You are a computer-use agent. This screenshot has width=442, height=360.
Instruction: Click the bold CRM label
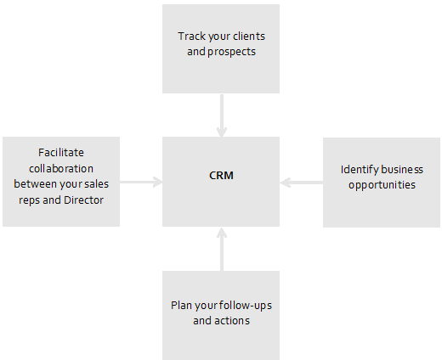pyautogui.click(x=221, y=176)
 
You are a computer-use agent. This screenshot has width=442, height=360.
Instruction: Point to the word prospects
pyautogui.click(x=232, y=52)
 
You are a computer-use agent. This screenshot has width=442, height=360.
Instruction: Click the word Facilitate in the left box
pyautogui.click(x=61, y=153)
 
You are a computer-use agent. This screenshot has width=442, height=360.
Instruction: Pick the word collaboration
pyautogui.click(x=61, y=169)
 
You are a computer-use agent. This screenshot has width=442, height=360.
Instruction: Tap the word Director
pyautogui.click(x=83, y=200)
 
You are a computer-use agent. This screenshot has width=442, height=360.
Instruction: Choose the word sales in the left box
pyautogui.click(x=96, y=184)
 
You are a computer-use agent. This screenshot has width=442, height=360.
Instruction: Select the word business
pyautogui.click(x=402, y=170)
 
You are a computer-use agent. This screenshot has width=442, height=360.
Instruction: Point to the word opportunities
pyautogui.click(x=382, y=185)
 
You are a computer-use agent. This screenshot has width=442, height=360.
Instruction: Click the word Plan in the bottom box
pyautogui.click(x=181, y=306)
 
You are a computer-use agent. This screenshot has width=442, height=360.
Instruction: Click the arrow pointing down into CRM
pyautogui.click(x=222, y=115)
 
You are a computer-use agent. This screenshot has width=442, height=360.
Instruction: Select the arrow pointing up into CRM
pyautogui.click(x=222, y=250)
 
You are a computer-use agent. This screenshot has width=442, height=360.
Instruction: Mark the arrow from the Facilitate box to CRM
pyautogui.click(x=141, y=182)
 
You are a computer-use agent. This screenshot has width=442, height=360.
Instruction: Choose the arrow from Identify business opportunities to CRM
pyautogui.click(x=302, y=183)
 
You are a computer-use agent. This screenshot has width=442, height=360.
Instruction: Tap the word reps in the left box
pyautogui.click(x=29, y=200)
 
